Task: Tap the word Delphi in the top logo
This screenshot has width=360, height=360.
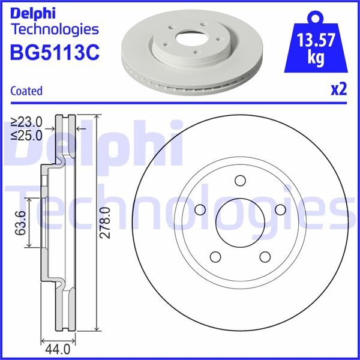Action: coord(35,12)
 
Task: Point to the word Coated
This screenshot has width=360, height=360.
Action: coord(26,91)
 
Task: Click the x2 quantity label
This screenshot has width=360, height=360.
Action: coord(339,89)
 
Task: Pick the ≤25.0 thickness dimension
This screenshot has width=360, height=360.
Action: coord(26,135)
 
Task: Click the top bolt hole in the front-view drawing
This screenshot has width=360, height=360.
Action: coord(241,181)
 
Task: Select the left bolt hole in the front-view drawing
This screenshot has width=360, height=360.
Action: coord(201,209)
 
